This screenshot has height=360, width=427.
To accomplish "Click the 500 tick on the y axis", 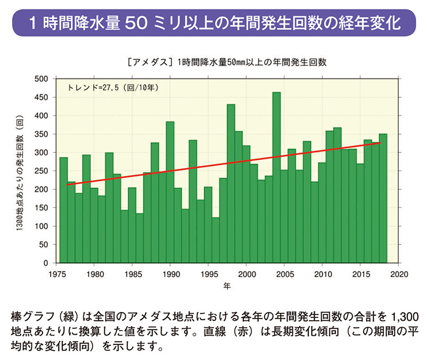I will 41,79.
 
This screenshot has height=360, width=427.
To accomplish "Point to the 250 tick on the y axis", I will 41,171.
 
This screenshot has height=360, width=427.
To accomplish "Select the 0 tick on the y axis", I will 45,263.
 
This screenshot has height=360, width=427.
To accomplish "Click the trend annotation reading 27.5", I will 113,88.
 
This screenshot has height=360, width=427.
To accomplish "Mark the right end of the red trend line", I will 381,143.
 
